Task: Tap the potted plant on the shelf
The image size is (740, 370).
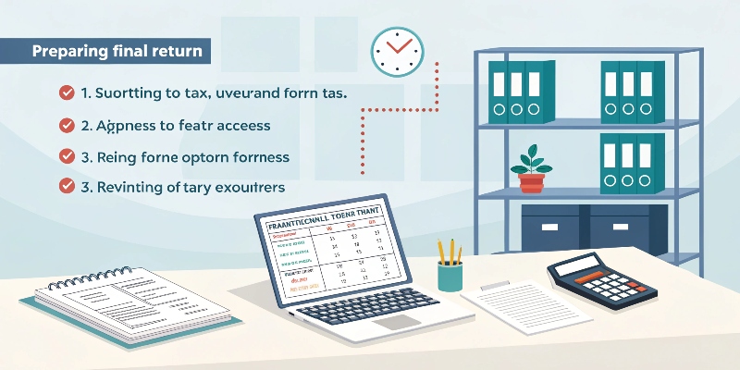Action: point(532,167)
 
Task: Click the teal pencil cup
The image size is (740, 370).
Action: point(450,274)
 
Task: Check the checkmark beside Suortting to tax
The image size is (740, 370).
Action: point(67,92)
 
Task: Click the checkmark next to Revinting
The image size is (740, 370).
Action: point(67,186)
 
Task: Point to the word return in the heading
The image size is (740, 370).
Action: point(179,50)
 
